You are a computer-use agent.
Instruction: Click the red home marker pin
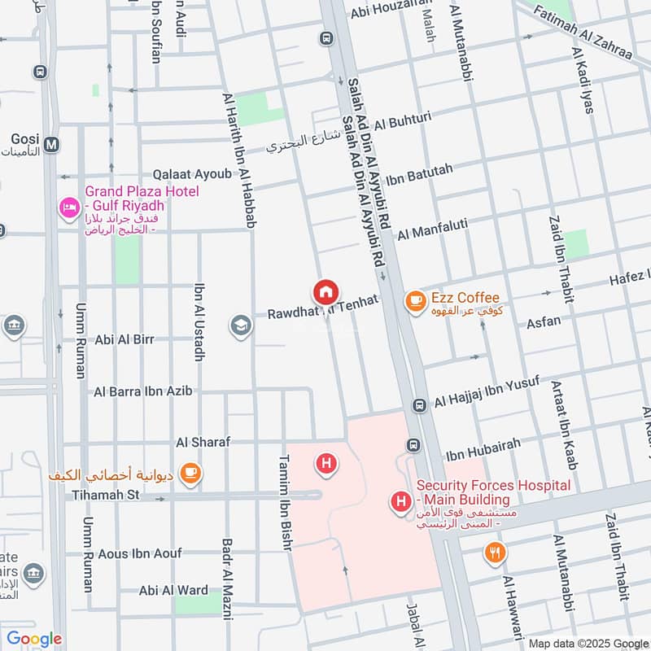click(x=325, y=291)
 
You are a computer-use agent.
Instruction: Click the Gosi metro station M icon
click(x=52, y=145)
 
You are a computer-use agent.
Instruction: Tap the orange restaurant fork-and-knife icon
click(x=495, y=554)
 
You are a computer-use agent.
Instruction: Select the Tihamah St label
click(x=107, y=495)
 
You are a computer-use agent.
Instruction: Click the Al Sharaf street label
click(x=203, y=442)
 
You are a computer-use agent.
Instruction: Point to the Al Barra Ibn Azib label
click(x=143, y=391)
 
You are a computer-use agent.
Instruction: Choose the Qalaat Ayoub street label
click(x=192, y=175)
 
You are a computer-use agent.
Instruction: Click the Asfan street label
click(x=544, y=321)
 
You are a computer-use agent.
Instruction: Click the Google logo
click(x=34, y=639)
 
